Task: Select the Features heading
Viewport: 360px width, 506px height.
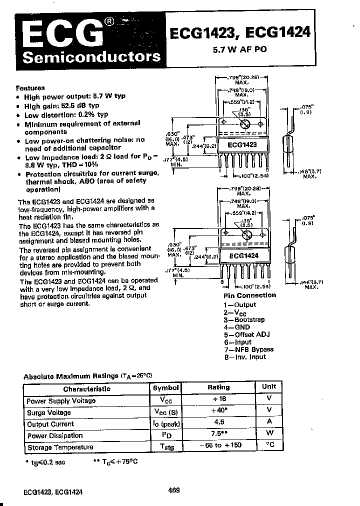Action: click(30, 87)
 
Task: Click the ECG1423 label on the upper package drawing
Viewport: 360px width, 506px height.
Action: click(242, 144)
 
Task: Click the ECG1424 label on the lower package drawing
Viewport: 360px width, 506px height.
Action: click(243, 255)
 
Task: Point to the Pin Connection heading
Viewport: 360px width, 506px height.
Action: click(249, 295)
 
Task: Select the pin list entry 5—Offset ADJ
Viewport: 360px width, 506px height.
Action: click(246, 334)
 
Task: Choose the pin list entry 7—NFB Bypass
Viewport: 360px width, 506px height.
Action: click(248, 349)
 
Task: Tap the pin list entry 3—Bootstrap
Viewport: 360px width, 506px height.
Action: click(244, 319)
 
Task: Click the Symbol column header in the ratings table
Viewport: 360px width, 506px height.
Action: click(166, 387)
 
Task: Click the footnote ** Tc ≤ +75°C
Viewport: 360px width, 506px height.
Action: click(115, 461)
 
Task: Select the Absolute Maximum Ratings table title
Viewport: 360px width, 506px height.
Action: click(87, 375)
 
